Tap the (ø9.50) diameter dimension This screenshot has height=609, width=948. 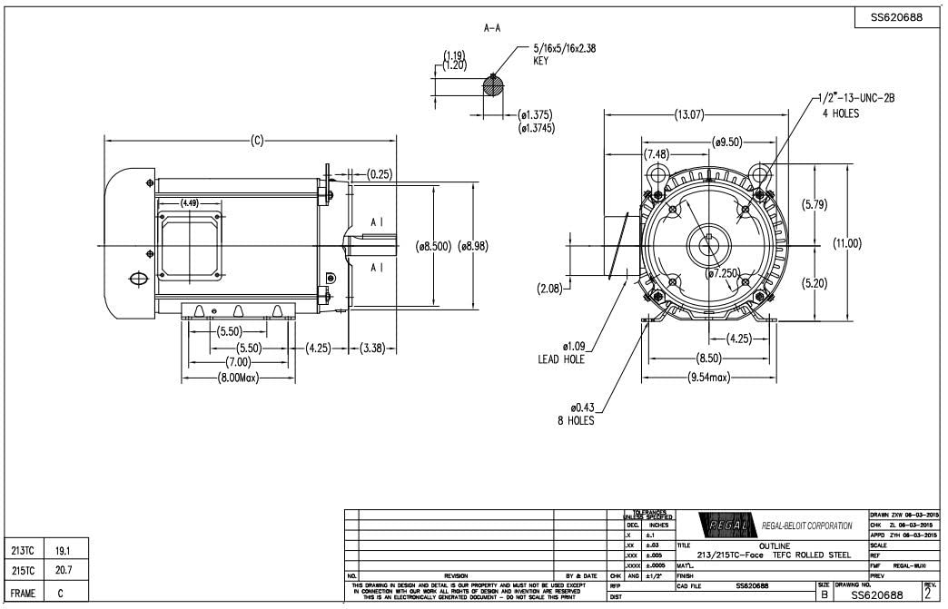[728, 142]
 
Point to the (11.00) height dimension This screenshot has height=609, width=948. [846, 244]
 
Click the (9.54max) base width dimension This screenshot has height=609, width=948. [709, 377]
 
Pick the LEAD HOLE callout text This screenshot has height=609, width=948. [560, 359]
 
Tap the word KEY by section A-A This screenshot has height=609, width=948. [542, 61]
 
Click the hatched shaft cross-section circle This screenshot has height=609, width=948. [492, 85]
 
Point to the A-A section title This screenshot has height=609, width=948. [492, 28]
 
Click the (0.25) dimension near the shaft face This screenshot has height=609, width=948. [380, 174]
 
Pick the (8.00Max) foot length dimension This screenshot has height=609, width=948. [239, 377]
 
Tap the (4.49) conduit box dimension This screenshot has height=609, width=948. [190, 203]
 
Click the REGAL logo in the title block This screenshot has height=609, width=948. [724, 526]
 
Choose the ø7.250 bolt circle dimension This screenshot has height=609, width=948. [726, 273]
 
